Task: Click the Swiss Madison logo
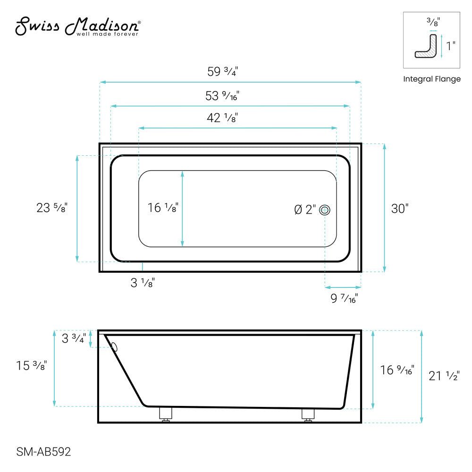pos(78,27)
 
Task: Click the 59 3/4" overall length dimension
pos(223,72)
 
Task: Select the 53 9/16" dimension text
pos(223,96)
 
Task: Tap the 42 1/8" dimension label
pos(222,118)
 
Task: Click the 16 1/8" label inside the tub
pos(162,207)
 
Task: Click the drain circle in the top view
pos(324,210)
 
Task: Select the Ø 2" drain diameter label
pos(305,210)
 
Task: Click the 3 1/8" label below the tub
pos(143,283)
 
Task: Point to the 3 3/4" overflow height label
pos(74,339)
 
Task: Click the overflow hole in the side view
pos(114,348)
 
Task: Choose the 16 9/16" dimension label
pos(397,370)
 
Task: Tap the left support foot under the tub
pos(166,414)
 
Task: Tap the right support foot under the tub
pos(308,414)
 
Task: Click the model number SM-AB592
pos(44,452)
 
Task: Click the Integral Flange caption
pos(431,79)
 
